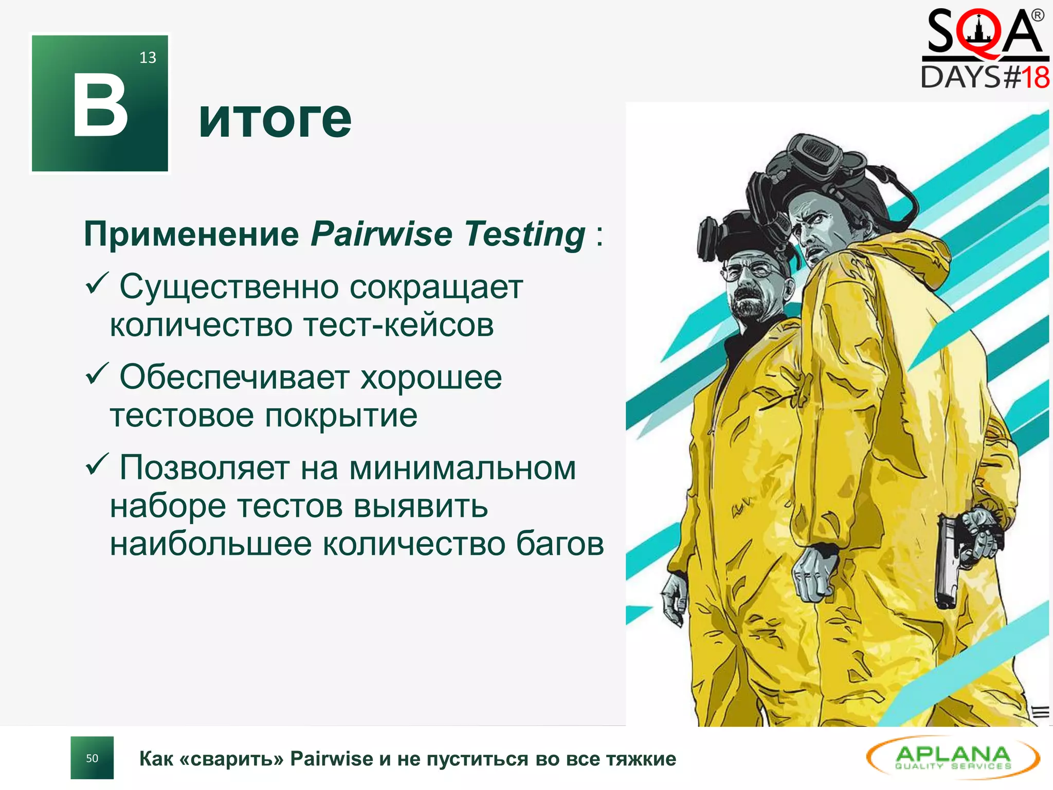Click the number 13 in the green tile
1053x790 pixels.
(148, 58)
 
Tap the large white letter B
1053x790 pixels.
(100, 106)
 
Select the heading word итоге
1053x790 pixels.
(275, 119)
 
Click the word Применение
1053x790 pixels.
(191, 234)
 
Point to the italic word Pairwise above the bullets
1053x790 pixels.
(382, 234)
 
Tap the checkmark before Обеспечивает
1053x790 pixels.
(96, 374)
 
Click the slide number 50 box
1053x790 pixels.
(92, 758)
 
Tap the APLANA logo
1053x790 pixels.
(953, 758)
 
